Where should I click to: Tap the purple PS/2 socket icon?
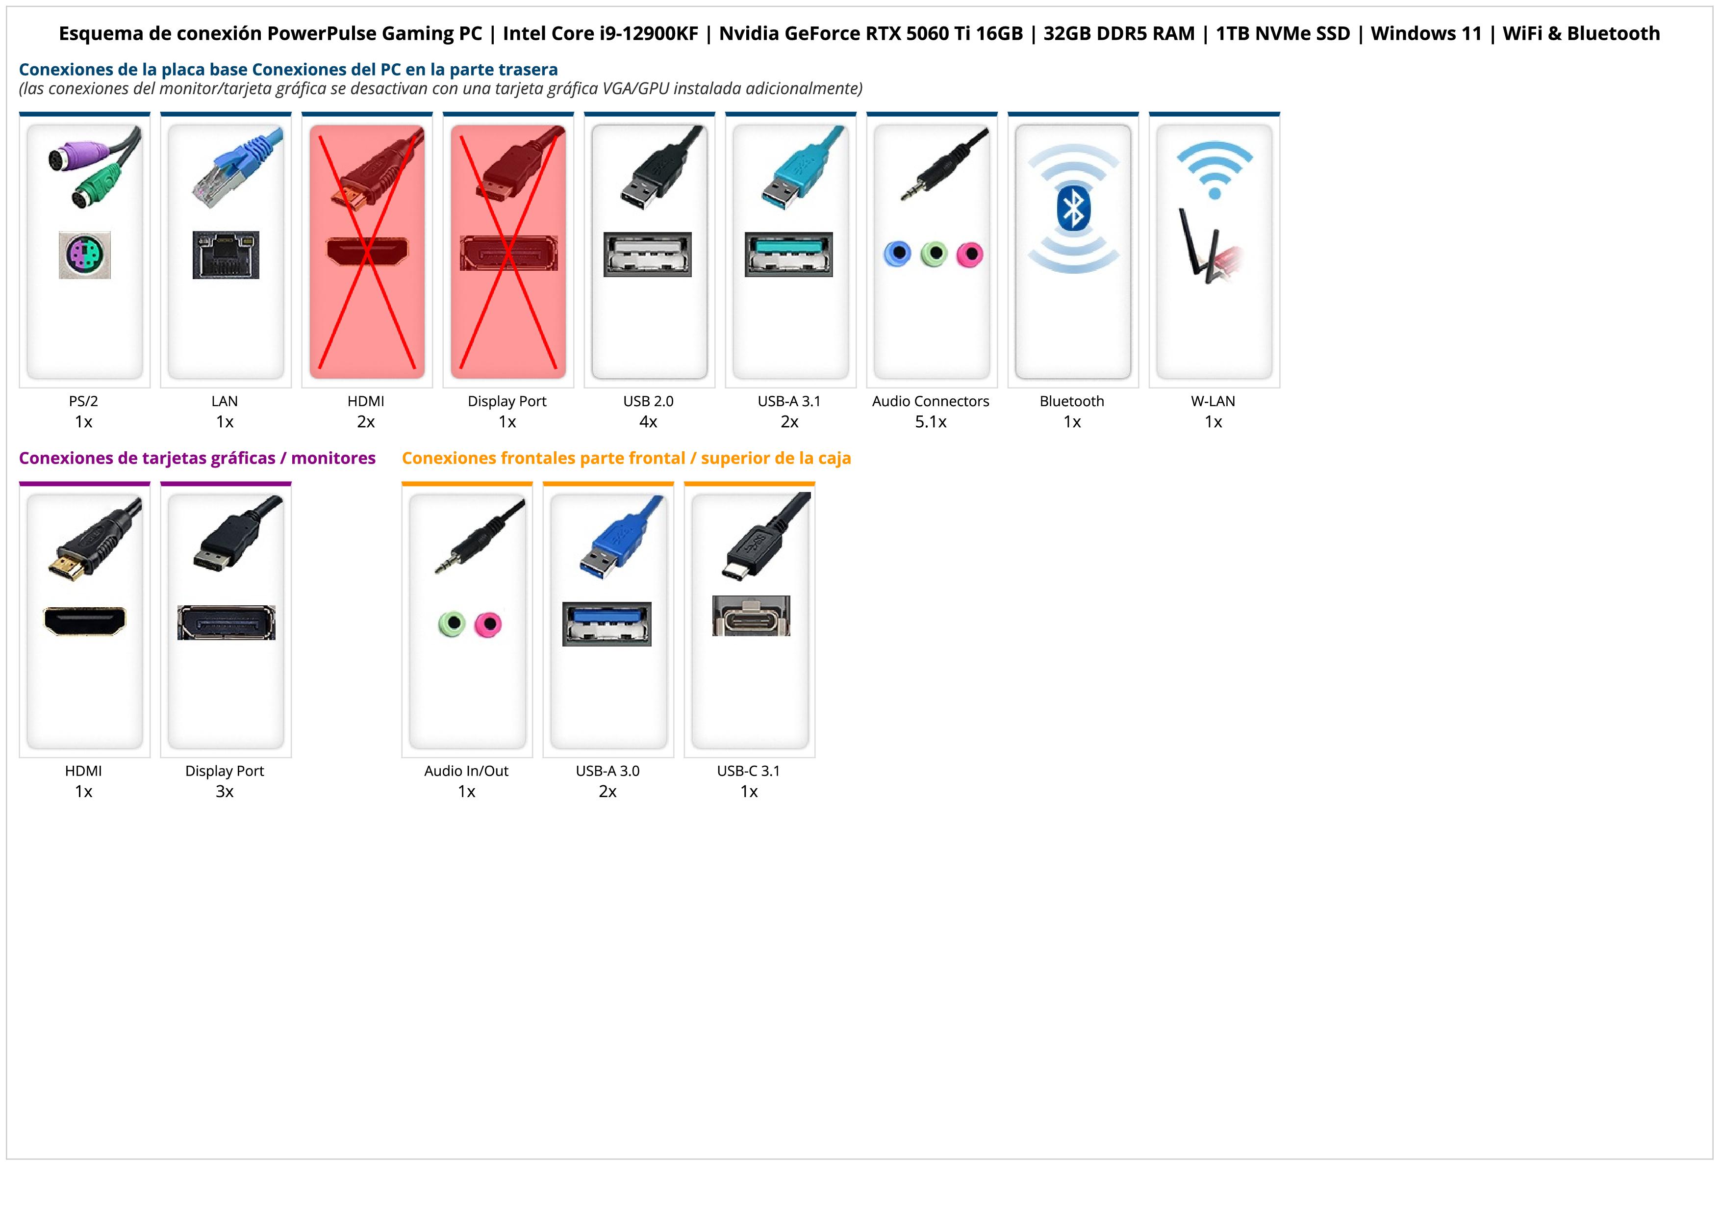(x=85, y=256)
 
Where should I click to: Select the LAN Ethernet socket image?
(x=226, y=255)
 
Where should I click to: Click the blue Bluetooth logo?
(x=1073, y=208)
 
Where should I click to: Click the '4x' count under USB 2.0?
(x=648, y=422)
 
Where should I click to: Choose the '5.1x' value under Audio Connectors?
(x=931, y=422)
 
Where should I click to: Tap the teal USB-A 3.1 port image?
(x=789, y=254)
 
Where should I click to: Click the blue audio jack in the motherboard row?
(x=897, y=254)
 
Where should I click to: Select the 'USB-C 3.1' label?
(x=748, y=771)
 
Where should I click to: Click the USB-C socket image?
(x=751, y=617)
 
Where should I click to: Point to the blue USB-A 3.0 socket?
(x=607, y=623)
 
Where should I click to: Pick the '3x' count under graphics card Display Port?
(x=225, y=792)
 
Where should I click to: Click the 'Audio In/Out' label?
(x=466, y=771)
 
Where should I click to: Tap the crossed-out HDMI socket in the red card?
(x=367, y=251)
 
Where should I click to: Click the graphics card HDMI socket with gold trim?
(x=85, y=621)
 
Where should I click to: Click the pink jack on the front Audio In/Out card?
(x=488, y=624)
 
